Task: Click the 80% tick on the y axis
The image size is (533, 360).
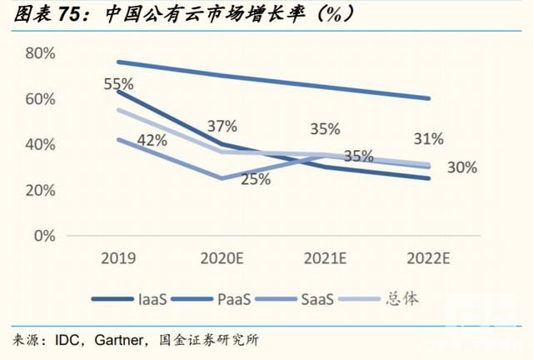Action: click(40, 53)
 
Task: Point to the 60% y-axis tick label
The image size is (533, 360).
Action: click(40, 99)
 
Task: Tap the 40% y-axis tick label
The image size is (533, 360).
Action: click(40, 144)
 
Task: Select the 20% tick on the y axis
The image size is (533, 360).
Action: click(40, 190)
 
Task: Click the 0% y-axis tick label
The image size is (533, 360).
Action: click(43, 236)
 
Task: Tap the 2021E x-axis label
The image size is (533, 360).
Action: click(326, 258)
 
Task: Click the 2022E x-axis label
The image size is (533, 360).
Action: click(429, 258)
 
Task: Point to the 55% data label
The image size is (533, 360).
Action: click(120, 84)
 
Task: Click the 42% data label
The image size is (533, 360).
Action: click(152, 140)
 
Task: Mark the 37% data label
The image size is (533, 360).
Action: click(222, 126)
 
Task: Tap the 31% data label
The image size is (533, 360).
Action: click(427, 138)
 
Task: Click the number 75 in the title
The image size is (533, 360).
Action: click(73, 13)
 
